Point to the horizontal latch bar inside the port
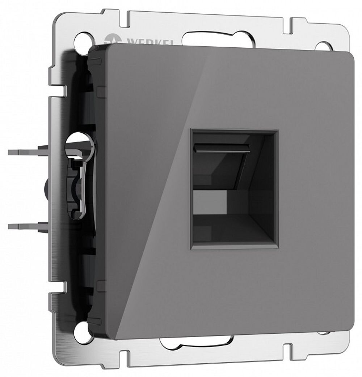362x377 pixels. tap(223, 147)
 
